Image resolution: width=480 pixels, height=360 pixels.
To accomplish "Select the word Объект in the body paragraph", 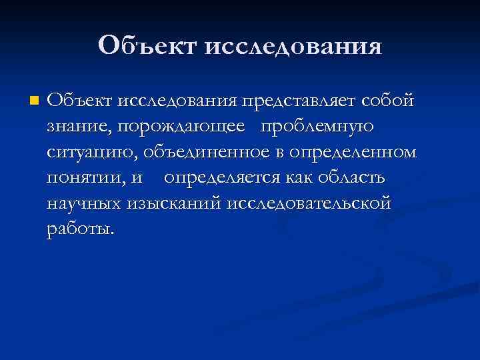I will [80, 101].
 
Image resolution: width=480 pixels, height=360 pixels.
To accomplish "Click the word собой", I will [387, 101].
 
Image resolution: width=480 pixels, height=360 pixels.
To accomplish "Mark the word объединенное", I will [203, 153].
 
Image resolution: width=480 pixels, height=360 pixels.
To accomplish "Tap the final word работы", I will [81, 229].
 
